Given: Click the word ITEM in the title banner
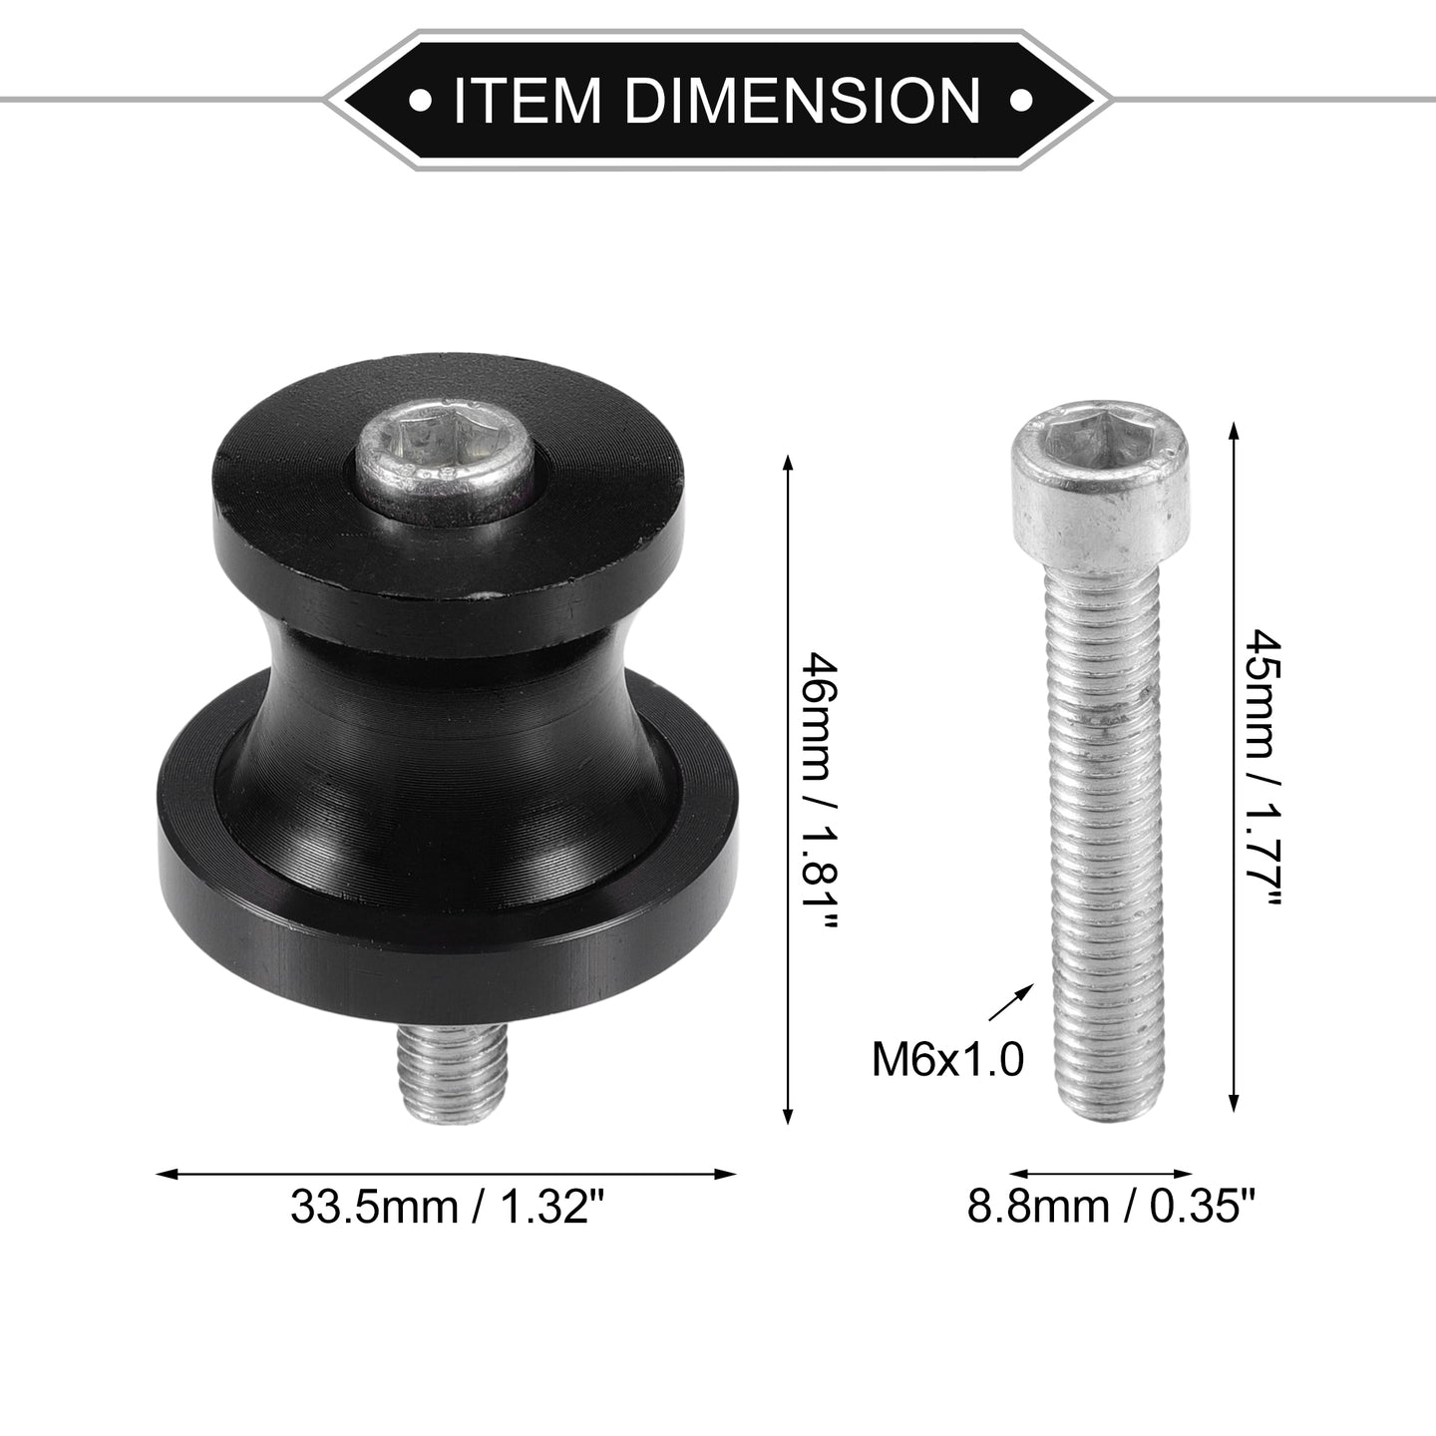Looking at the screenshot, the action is click(527, 100).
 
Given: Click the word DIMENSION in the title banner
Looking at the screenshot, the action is click(803, 100).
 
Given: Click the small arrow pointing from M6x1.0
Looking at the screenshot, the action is click(1011, 1002).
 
